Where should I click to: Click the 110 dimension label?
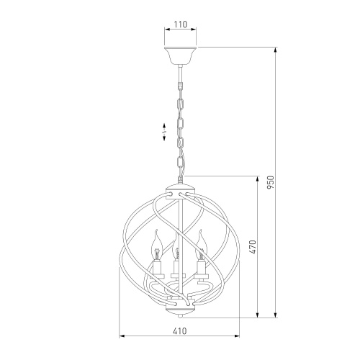coord(180,24)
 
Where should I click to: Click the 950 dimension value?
coord(271,182)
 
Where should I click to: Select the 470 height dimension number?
coord(254,246)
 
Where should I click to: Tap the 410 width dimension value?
coord(179,331)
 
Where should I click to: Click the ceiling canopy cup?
coord(181,55)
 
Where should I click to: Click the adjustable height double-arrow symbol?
coord(164,132)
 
